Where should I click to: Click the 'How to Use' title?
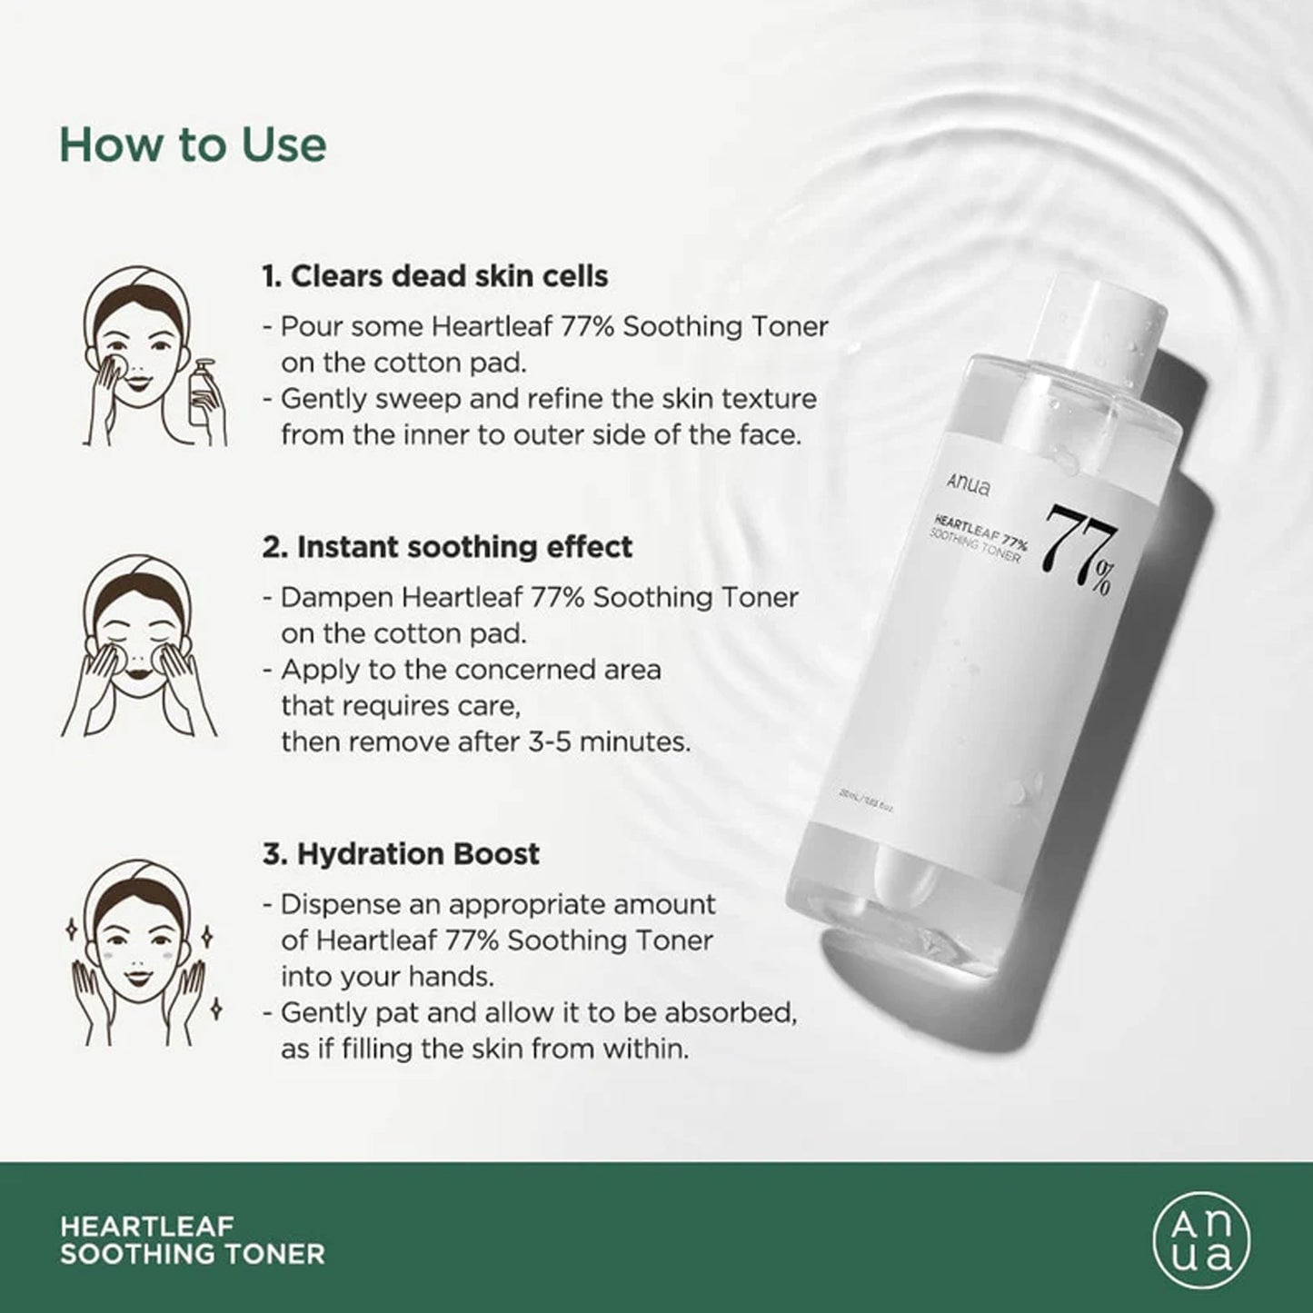(193, 144)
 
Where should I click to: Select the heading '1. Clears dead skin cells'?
(435, 276)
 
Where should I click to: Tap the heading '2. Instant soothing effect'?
(447, 547)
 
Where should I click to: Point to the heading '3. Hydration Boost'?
(401, 854)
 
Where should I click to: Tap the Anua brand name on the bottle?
(969, 485)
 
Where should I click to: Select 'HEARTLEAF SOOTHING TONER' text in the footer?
(192, 1240)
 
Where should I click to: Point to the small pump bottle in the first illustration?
(204, 393)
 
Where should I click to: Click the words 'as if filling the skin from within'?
(484, 1049)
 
